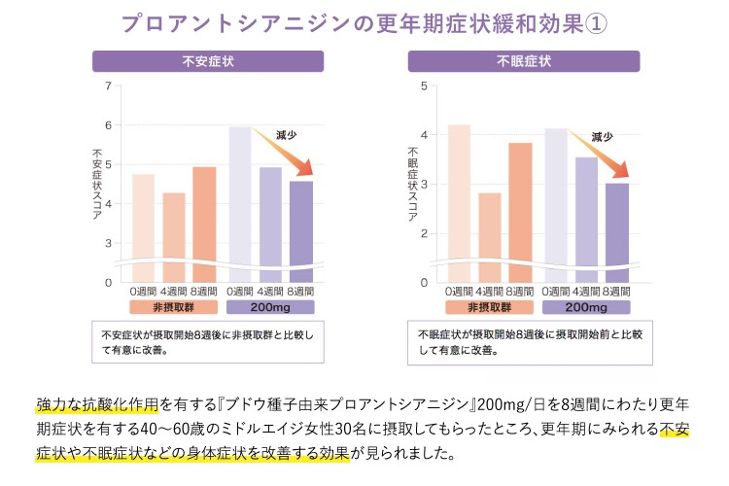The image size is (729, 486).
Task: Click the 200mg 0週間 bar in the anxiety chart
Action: [240, 204]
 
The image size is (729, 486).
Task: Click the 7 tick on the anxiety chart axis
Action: [108, 87]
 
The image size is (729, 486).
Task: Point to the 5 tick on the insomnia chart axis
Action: [424, 87]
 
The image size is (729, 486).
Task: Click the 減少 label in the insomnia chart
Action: [603, 137]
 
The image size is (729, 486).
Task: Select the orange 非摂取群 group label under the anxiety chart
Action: [173, 307]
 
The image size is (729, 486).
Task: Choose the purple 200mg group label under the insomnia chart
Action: [586, 307]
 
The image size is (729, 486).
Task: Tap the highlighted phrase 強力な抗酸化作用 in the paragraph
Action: [84, 402]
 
